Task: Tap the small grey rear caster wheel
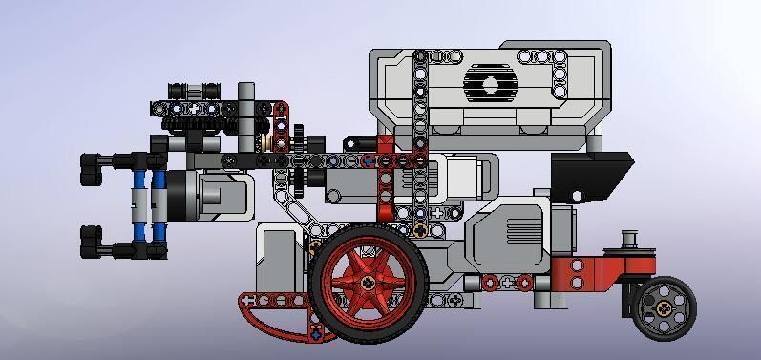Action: (x=663, y=307)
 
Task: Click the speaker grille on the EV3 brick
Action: (x=490, y=84)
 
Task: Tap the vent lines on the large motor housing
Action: (x=524, y=230)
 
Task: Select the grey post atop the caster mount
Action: (x=629, y=241)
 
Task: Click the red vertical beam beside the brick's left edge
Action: (x=385, y=181)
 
